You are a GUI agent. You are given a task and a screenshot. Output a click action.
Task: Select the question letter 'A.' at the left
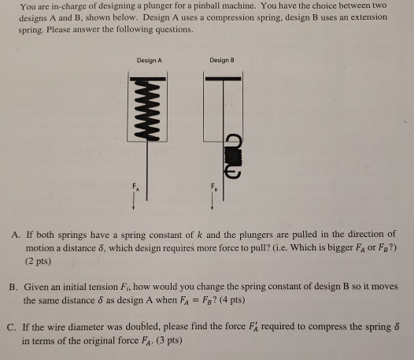pos(16,235)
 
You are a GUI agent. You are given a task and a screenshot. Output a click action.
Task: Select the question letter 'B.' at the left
pos(16,288)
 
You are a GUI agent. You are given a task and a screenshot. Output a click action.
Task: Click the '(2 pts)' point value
pos(38,258)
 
